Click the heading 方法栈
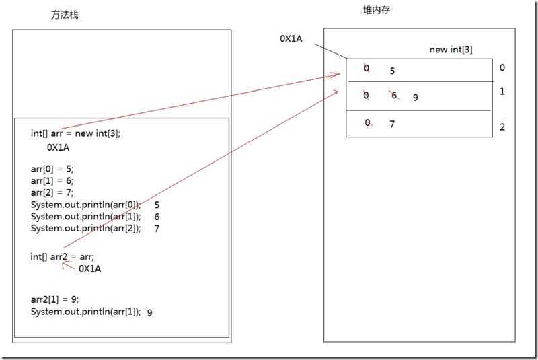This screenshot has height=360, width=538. click(65, 15)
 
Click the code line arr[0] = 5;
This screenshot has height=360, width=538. click(52, 169)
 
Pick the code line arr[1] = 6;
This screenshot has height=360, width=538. click(52, 180)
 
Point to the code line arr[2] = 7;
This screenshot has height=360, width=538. click(52, 192)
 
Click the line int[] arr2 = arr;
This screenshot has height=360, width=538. click(63, 256)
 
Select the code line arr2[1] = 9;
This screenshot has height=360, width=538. click(54, 299)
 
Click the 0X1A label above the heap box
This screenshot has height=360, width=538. click(291, 38)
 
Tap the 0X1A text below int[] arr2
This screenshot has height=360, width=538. click(90, 268)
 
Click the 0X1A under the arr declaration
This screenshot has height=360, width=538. click(59, 146)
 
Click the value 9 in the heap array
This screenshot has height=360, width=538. click(416, 97)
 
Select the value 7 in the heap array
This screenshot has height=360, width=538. click(392, 124)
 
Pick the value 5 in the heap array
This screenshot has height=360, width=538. click(392, 69)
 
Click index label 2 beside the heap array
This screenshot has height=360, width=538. click(502, 127)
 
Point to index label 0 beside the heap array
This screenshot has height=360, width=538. click(502, 67)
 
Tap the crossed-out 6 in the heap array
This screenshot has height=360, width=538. click(395, 96)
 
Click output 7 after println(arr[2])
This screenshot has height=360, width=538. click(157, 228)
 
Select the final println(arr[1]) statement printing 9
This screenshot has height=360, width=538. click(85, 312)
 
